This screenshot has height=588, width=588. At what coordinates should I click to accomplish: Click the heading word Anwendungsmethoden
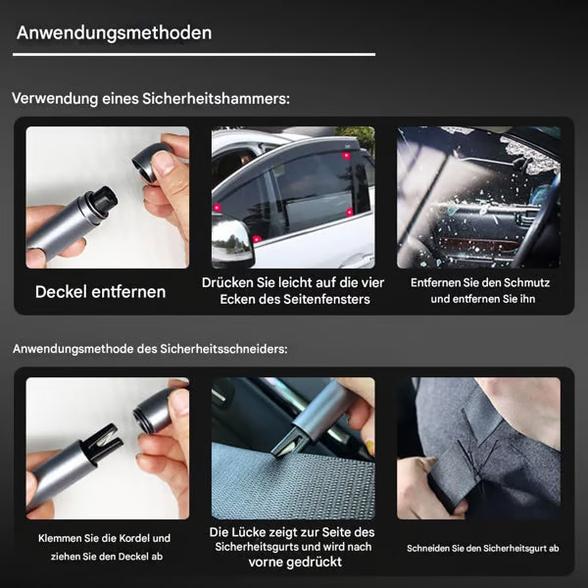pos(114,33)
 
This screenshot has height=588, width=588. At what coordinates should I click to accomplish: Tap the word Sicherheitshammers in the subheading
pos(216,99)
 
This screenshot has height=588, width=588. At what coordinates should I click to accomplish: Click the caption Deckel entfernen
pos(101,292)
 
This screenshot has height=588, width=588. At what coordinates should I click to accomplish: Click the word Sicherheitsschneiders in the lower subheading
pos(223,349)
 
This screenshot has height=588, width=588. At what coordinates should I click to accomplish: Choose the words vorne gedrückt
pos(295,563)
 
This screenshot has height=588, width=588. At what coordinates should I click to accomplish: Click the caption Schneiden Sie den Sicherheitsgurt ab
pos(483,548)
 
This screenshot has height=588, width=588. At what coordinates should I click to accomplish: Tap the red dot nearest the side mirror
pos(257,239)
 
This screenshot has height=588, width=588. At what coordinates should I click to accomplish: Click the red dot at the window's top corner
pos(346,155)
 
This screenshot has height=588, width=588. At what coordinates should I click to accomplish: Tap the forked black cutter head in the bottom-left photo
pos(102,442)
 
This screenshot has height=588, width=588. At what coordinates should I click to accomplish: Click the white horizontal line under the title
pos(194,54)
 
